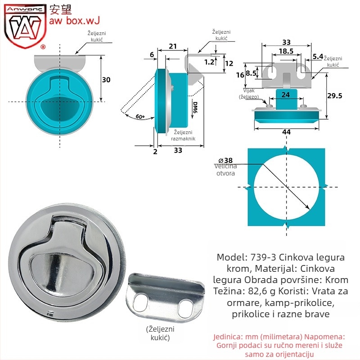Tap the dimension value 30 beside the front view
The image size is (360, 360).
106,80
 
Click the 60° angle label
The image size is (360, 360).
140,117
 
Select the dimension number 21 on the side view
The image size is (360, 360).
173,46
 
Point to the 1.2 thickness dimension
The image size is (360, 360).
209,62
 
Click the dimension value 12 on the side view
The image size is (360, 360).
229,63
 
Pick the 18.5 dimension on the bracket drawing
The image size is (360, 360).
286,51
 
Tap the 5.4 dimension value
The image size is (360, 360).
318,56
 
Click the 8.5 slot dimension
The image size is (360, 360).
251,73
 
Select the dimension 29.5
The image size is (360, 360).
334,95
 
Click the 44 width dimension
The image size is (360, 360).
286,132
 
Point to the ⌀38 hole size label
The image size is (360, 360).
225,160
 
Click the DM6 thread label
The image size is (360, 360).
195,108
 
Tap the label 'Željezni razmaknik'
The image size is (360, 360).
183,135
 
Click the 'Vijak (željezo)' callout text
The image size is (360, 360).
249,94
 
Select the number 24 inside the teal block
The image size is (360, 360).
286,94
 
